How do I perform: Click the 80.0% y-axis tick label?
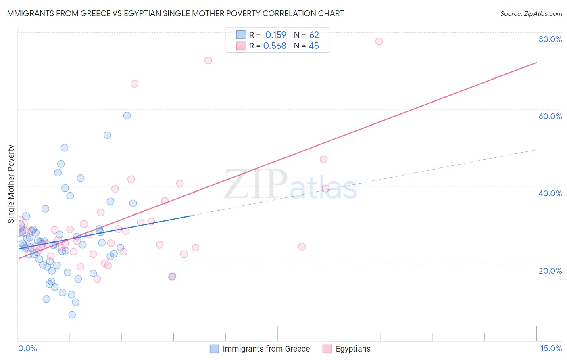(550, 39)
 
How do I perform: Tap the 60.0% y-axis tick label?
(550, 116)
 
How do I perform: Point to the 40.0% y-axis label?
(550, 193)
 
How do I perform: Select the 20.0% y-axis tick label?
(550, 271)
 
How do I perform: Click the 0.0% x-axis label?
(27, 348)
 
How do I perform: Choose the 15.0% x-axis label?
(551, 348)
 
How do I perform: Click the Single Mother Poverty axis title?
(11, 184)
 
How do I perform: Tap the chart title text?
(174, 13)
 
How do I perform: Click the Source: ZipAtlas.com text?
(531, 14)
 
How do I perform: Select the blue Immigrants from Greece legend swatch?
(214, 349)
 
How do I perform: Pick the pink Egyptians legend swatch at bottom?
(327, 349)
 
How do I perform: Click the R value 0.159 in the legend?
(275, 35)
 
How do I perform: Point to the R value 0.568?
(275, 46)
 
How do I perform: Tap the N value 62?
(314, 35)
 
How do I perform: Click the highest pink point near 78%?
(379, 41)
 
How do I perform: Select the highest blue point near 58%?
(127, 115)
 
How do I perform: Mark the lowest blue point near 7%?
(72, 315)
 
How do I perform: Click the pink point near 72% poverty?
(208, 61)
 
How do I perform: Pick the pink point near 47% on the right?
(323, 159)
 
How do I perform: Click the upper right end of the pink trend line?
(536, 63)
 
